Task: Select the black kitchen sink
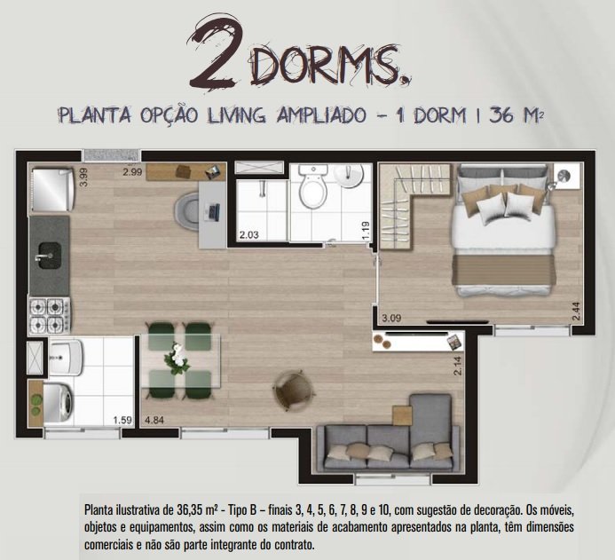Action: pos(49,256)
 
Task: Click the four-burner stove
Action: pos(49,316)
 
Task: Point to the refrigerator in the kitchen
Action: pos(51,189)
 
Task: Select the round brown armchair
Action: pos(294,390)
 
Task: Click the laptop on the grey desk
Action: pos(213,212)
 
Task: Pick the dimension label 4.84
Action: pos(154,420)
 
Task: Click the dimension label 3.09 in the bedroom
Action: pos(391,318)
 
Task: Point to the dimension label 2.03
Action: pos(249,235)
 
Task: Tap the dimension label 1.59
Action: pos(122,420)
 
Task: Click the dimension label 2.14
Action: pos(458,366)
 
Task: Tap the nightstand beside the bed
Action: pos(567,176)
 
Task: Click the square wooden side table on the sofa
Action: pos(402,415)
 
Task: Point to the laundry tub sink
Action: pos(66,356)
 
